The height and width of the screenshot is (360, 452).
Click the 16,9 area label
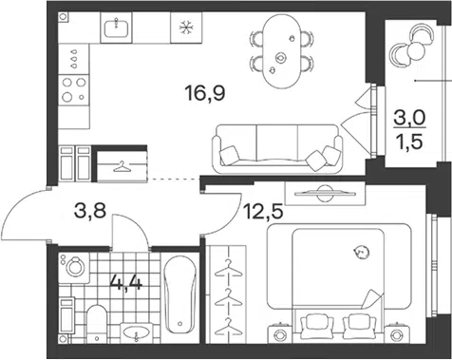[x=206, y=93]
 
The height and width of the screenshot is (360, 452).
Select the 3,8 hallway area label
[x=89, y=211]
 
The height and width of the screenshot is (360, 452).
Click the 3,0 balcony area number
[x=410, y=119]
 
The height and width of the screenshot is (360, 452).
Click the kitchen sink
[x=116, y=28]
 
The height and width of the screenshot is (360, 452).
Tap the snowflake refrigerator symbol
[x=186, y=28]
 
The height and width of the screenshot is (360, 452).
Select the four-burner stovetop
[x=74, y=90]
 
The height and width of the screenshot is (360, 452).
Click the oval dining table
[x=282, y=51]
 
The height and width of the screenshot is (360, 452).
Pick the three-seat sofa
[x=277, y=148]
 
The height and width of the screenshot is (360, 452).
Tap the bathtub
[x=179, y=294]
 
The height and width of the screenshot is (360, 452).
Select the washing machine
[x=75, y=268]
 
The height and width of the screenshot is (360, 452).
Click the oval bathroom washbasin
[x=137, y=333]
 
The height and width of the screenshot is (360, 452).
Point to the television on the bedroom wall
[x=325, y=193]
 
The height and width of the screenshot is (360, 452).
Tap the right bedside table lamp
[x=396, y=334]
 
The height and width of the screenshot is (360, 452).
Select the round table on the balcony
[x=416, y=49]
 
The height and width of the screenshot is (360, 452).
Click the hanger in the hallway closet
[x=122, y=167]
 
